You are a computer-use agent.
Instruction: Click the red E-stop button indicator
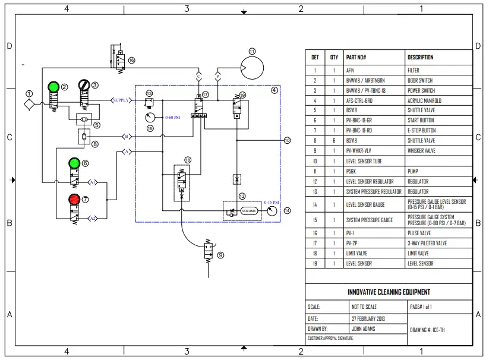[x=74, y=198]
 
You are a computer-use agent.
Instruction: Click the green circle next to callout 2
[x=53, y=87]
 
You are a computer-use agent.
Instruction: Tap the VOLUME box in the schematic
[x=249, y=211]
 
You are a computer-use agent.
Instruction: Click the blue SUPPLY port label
[x=122, y=100]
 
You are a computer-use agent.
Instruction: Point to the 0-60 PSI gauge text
[x=173, y=118]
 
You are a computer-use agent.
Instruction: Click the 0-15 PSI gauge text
[x=271, y=202]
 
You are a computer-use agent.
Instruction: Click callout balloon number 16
[x=131, y=60]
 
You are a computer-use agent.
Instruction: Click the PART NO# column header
[x=356, y=58]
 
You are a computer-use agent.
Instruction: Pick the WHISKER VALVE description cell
[x=421, y=151]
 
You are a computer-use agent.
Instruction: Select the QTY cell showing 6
[x=334, y=140]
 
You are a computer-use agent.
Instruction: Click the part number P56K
[x=351, y=171]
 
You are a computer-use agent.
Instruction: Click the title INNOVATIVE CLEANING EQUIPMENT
[x=389, y=292]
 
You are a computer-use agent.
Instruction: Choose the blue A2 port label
[x=93, y=219]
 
